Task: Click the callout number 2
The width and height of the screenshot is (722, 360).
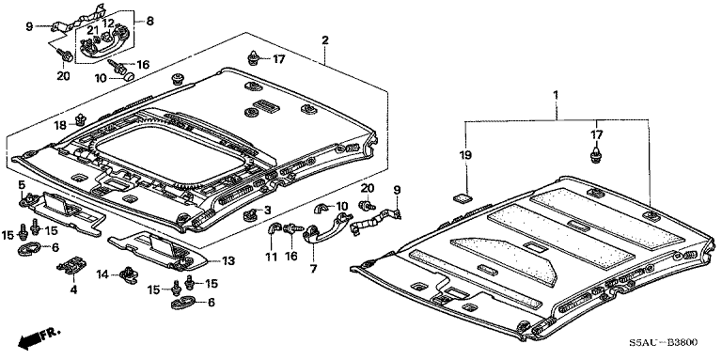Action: (x=325, y=40)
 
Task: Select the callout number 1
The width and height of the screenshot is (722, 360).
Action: (x=556, y=95)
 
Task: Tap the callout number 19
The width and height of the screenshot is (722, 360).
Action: (x=465, y=155)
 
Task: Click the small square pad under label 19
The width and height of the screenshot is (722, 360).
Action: (x=463, y=198)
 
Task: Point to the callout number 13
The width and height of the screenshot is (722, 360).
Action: (x=228, y=261)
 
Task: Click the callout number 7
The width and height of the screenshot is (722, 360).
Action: (x=313, y=269)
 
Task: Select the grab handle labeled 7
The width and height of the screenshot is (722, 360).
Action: (x=326, y=227)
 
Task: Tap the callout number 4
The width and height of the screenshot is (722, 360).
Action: (x=73, y=290)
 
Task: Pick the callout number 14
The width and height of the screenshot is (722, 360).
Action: (x=103, y=274)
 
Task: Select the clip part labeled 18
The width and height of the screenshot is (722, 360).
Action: (x=81, y=119)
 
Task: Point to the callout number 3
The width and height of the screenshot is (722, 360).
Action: (x=267, y=211)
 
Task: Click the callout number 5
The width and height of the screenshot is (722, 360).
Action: (x=22, y=185)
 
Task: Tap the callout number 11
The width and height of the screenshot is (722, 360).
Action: (x=272, y=257)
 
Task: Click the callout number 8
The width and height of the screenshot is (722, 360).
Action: (x=150, y=22)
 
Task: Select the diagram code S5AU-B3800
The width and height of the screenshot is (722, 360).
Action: (x=664, y=342)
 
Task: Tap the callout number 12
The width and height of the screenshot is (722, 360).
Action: (x=108, y=23)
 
